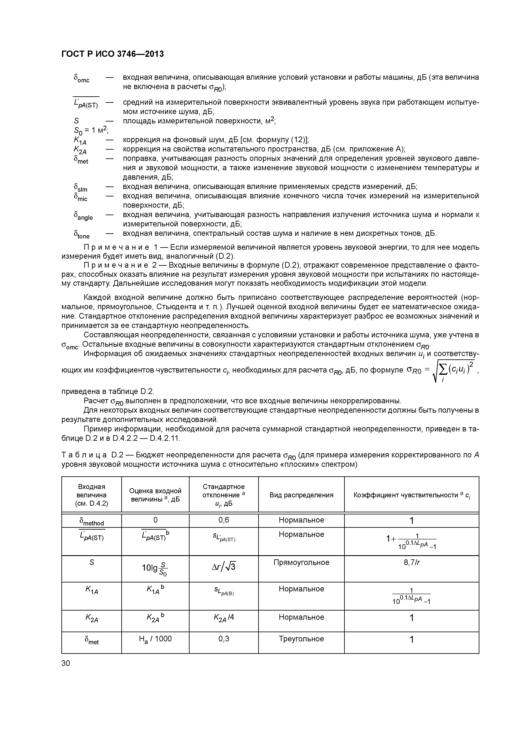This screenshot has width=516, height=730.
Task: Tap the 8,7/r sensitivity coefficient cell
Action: click(x=411, y=562)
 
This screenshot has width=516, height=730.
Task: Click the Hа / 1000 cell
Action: click(x=155, y=639)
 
